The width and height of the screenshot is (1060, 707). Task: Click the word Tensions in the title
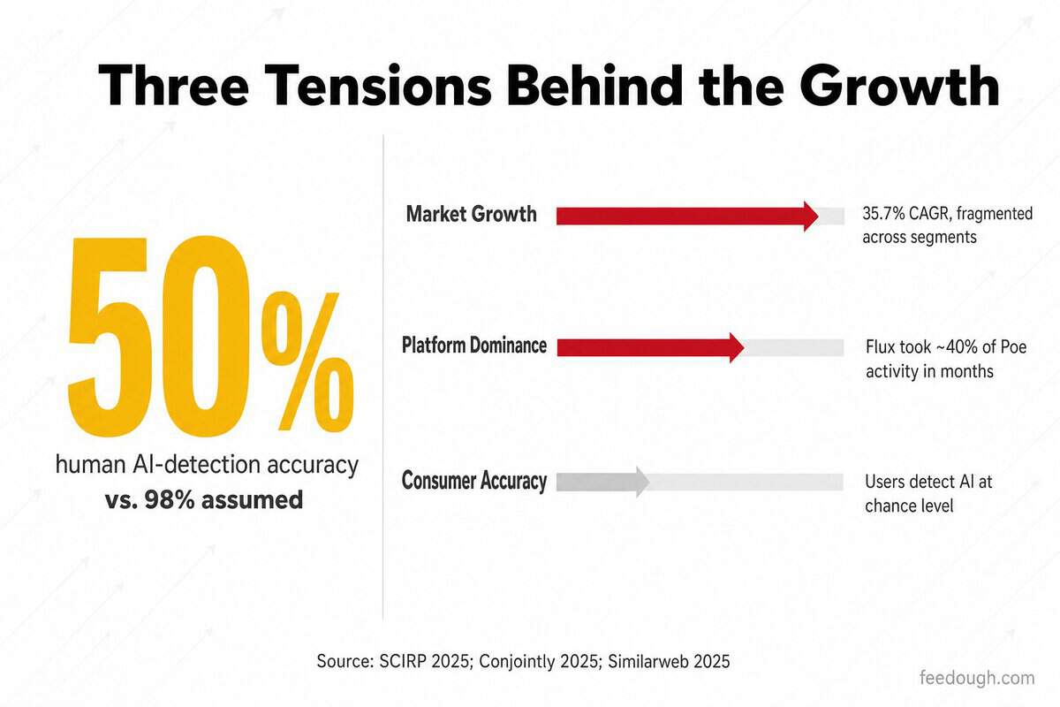click(x=378, y=86)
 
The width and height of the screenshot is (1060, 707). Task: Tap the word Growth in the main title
click(x=899, y=86)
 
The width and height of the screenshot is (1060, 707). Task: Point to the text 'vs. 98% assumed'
click(x=204, y=500)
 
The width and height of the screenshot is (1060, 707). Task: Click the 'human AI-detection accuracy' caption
click(x=207, y=465)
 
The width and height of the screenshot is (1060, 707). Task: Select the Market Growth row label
click(x=472, y=214)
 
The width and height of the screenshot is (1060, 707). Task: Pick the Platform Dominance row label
click(x=474, y=346)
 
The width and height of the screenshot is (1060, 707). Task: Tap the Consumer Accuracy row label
click(x=474, y=481)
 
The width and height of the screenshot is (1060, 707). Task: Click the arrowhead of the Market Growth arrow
click(x=811, y=217)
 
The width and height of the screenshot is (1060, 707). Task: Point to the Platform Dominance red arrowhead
click(x=737, y=347)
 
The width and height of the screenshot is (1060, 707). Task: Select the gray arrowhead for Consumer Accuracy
click(x=642, y=482)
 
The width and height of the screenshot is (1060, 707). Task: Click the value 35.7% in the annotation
click(x=882, y=214)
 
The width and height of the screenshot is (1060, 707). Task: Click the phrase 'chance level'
click(x=909, y=506)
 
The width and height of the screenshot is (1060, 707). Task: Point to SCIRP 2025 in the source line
click(x=424, y=661)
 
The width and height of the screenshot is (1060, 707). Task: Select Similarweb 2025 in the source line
click(x=669, y=661)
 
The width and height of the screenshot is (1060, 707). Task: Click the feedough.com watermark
click(x=977, y=678)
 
